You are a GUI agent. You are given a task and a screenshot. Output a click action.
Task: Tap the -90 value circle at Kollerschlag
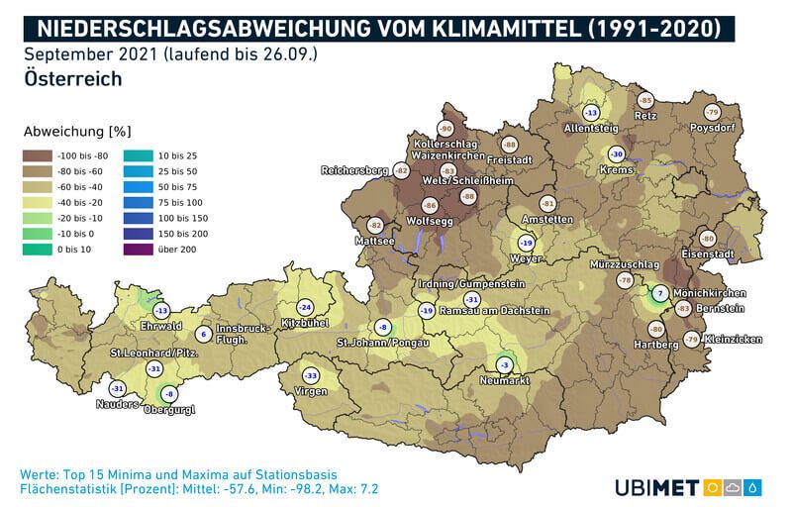[445, 129]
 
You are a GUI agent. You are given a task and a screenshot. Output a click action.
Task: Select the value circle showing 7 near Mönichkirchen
[660, 294]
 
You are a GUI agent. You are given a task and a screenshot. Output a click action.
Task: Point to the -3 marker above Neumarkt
[506, 364]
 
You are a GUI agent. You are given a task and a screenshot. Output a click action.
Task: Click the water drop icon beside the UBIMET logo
[755, 486]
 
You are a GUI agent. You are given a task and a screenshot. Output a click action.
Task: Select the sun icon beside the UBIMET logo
[712, 486]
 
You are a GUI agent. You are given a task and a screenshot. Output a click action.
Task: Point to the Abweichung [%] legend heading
[76, 131]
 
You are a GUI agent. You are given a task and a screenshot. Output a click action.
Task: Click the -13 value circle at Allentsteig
[592, 114]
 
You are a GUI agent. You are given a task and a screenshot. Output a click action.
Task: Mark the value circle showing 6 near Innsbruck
[202, 334]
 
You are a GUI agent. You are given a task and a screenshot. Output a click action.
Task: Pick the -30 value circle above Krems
[616, 154]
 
